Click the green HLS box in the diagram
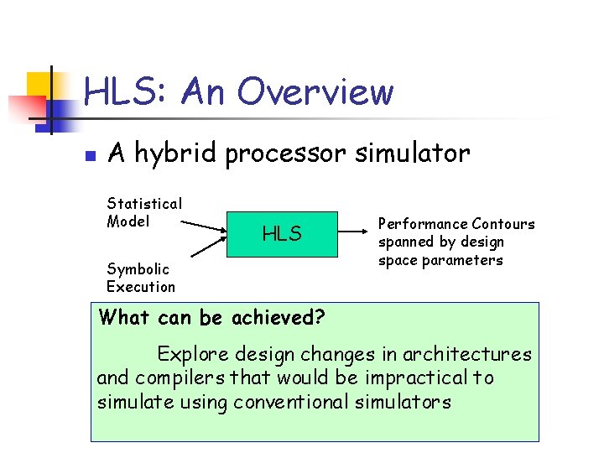(282, 234)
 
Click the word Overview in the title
(315, 92)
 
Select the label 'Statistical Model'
(144, 212)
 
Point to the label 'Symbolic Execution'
(141, 278)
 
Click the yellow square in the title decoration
(39, 84)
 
